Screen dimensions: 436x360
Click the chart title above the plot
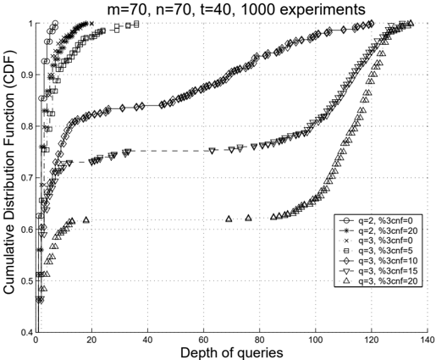click(236, 9)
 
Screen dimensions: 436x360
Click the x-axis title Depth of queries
click(231, 353)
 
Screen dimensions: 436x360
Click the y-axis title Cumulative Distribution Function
click(9, 173)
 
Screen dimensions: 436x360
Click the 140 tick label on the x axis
click(428, 339)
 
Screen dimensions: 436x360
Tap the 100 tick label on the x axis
click(315, 339)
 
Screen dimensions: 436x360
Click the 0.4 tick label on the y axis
click(27, 332)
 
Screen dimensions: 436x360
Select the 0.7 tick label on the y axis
click(27, 178)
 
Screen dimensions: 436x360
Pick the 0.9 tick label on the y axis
click(27, 75)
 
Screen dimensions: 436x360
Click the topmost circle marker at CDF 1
click(55, 23)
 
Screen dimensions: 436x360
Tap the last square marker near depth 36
click(136, 24)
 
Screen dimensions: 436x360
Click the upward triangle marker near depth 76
click(248, 218)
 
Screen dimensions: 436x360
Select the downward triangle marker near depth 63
click(212, 151)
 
